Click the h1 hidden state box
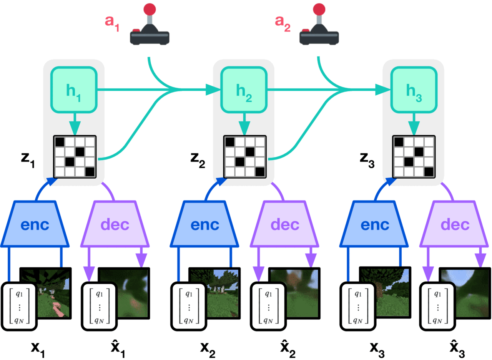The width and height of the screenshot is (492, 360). (x=74, y=90)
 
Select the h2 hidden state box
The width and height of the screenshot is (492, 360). (x=244, y=90)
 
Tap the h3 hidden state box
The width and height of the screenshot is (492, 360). (x=414, y=90)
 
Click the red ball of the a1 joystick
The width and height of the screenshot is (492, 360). (x=150, y=10)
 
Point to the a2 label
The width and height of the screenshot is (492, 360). (x=283, y=23)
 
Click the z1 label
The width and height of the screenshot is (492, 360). (x=28, y=160)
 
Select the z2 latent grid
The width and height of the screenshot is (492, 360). (x=245, y=157)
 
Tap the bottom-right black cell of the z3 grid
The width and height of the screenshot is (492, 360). (x=429, y=172)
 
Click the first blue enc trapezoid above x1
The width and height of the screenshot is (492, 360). (x=35, y=224)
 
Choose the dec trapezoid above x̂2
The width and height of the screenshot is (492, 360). (x=285, y=224)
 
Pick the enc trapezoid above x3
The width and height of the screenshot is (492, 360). (x=374, y=224)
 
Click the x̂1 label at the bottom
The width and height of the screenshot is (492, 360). (x=118, y=348)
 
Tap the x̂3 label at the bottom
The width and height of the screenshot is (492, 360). (x=457, y=348)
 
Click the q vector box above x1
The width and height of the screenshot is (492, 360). (x=19, y=307)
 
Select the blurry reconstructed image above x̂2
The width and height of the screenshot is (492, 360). (x=294, y=293)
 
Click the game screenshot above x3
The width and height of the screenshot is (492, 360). (x=385, y=292)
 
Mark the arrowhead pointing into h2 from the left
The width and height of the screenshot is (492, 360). (x=213, y=90)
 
